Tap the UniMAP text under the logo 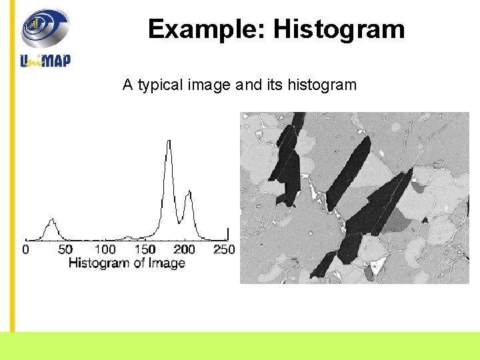45,61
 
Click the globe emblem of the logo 45,28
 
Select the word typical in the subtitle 161,85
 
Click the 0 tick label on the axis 25,249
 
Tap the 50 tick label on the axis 65,249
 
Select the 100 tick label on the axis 105,249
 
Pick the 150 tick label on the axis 145,249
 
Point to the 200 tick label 185,249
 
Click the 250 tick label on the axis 224,249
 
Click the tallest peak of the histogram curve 169,141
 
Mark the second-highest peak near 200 189,192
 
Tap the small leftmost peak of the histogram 51,219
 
